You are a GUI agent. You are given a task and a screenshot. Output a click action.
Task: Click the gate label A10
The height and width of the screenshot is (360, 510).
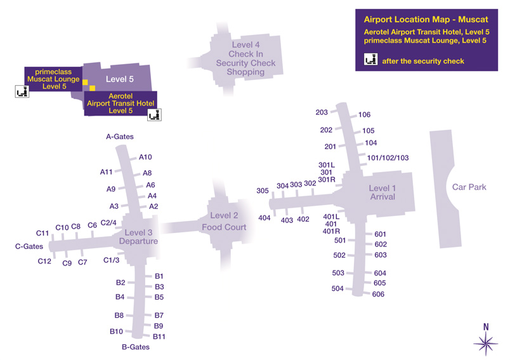click(145, 157)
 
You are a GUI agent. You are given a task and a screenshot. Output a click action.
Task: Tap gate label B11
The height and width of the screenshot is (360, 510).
click(159, 337)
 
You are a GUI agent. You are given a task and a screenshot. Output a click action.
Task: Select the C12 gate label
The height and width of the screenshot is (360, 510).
click(44, 261)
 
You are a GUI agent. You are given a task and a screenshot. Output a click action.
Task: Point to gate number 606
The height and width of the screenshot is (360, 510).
click(379, 294)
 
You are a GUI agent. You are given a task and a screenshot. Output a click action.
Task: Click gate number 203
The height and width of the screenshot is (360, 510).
click(322, 112)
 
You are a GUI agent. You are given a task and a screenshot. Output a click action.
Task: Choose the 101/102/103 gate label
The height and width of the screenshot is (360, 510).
click(388, 158)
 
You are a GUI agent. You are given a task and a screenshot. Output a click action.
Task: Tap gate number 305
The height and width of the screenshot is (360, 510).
click(263, 191)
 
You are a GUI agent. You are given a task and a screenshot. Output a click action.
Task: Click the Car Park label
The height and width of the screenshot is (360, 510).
click(468, 187)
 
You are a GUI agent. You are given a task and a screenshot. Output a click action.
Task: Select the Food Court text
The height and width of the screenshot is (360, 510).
click(225, 227)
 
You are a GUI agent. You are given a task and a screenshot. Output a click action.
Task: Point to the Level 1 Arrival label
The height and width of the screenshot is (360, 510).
click(383, 192)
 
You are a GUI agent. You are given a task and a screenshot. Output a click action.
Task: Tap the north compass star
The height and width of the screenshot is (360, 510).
click(486, 343)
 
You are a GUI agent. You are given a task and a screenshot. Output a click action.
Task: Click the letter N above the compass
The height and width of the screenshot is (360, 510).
click(486, 328)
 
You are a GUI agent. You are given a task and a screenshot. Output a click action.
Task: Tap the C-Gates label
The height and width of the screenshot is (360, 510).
click(29, 246)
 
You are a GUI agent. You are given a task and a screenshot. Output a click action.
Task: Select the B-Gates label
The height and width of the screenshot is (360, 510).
click(136, 347)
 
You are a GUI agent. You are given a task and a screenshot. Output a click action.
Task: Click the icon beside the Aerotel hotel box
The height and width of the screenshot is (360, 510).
click(154, 115)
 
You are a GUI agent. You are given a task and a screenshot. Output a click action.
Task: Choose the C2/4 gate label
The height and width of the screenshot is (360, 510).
click(108, 223)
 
